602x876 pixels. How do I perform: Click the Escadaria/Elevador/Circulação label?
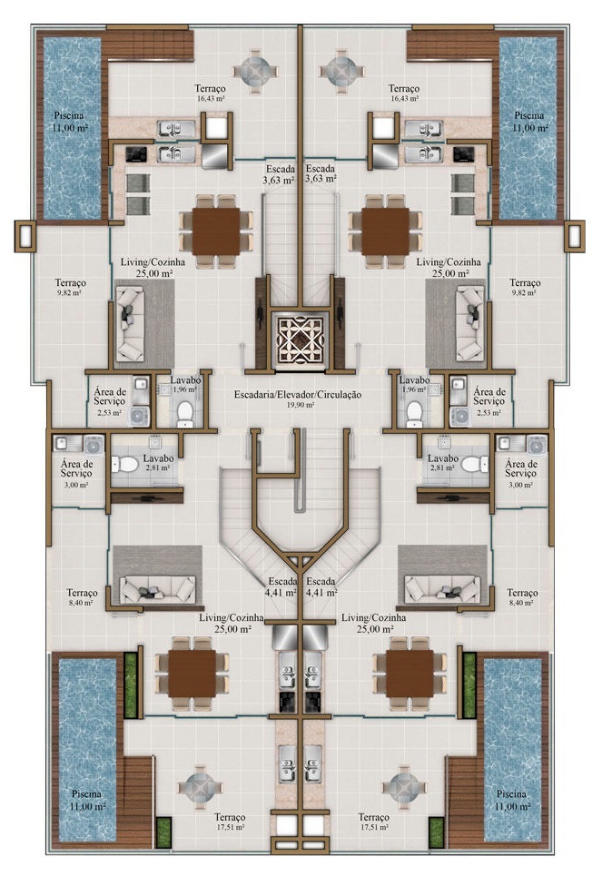pyautogui.click(x=301, y=395)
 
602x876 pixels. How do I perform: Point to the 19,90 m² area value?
pyautogui.click(x=301, y=406)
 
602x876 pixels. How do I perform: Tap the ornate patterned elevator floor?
pyautogui.click(x=301, y=340)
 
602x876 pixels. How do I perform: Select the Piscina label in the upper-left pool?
pyautogui.click(x=73, y=115)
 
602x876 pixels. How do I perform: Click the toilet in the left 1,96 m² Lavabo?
pyautogui.click(x=185, y=413)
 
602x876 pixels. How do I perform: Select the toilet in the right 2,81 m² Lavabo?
pyautogui.click(x=470, y=464)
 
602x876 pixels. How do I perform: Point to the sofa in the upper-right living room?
pyautogui.click(x=470, y=320)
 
